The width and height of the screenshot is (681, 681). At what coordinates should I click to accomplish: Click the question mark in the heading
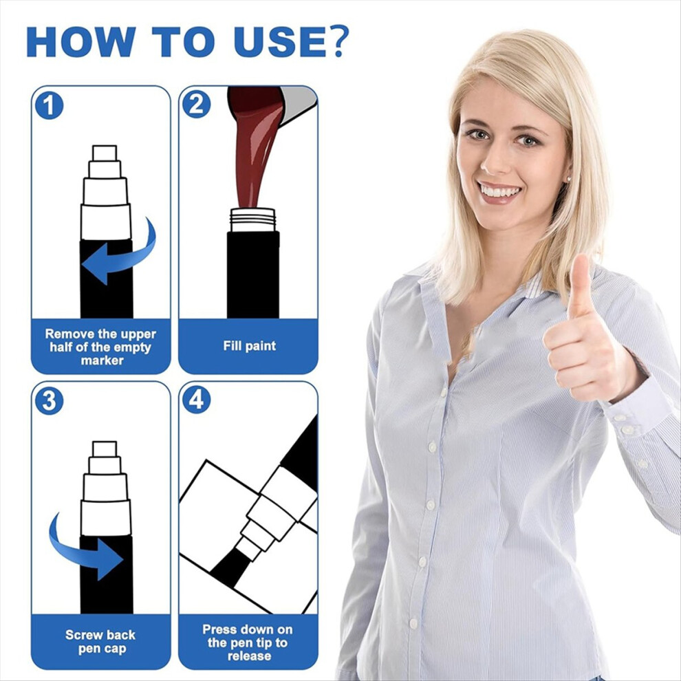click(335, 41)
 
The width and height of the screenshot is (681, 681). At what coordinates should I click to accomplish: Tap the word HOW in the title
click(81, 42)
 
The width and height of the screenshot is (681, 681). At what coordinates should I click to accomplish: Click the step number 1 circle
click(49, 105)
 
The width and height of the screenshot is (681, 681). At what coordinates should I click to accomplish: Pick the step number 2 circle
click(196, 105)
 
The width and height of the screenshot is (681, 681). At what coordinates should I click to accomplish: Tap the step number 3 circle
click(49, 401)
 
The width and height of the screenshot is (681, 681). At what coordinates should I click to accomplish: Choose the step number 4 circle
click(196, 400)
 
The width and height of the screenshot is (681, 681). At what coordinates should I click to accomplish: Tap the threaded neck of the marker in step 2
click(252, 219)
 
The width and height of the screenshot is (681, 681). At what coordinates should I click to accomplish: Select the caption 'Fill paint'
click(249, 346)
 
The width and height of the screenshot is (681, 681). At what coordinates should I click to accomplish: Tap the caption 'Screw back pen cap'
click(100, 642)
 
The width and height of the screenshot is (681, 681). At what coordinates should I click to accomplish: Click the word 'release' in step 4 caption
click(249, 656)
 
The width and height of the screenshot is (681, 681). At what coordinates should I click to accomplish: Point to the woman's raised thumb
click(581, 287)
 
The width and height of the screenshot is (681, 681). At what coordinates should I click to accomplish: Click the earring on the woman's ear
click(568, 178)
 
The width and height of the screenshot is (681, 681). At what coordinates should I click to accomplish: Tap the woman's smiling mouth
click(499, 193)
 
